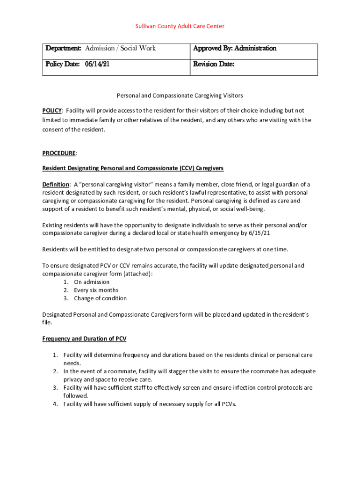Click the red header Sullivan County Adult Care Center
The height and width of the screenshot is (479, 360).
tap(180, 26)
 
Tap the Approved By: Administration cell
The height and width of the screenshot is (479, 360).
tap(235, 49)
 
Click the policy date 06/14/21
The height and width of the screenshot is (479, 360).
tap(97, 65)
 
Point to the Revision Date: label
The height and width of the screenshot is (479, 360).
tap(214, 65)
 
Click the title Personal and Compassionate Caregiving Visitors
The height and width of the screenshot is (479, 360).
tap(180, 95)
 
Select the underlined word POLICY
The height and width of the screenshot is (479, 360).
tap(52, 111)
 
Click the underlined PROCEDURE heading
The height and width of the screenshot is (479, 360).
tap(59, 153)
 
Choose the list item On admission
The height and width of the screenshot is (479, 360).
tap(92, 282)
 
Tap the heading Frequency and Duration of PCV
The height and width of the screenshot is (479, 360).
tap(84, 339)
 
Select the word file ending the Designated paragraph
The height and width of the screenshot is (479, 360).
tap(47, 323)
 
